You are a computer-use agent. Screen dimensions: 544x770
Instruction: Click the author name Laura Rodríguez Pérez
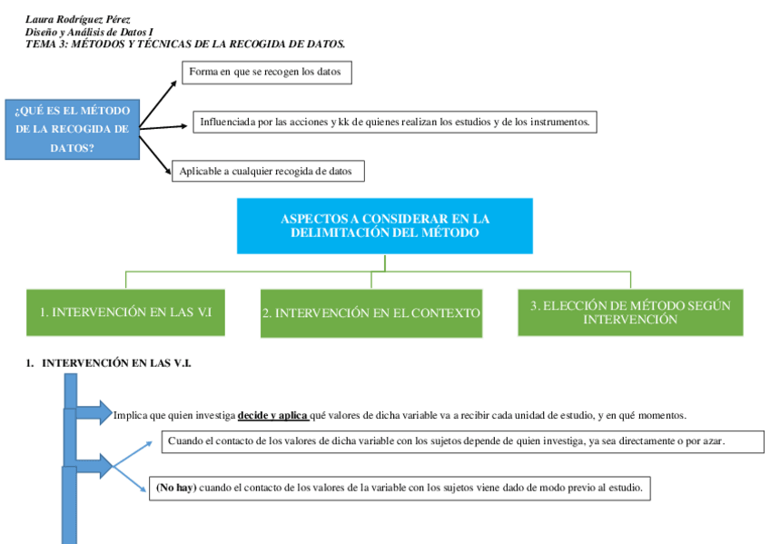(77, 19)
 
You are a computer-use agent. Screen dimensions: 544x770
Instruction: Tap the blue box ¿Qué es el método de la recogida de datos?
(73, 129)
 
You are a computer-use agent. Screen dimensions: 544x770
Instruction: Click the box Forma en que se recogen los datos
(266, 72)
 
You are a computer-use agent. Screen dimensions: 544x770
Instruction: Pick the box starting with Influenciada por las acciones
(394, 122)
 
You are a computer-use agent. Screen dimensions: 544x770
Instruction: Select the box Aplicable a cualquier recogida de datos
(267, 171)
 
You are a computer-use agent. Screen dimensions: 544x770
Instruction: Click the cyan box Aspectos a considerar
(384, 226)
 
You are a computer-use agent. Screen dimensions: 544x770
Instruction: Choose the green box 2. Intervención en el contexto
(370, 313)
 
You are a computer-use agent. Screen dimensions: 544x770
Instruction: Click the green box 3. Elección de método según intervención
(630, 312)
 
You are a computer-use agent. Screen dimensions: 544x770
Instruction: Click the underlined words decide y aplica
(272, 416)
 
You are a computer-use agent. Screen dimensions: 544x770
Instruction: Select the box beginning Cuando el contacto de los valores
(450, 441)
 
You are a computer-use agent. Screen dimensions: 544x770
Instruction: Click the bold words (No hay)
(176, 489)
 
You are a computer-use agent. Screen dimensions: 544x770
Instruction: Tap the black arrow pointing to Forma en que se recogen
(159, 102)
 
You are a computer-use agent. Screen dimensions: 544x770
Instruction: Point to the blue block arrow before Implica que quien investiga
(93, 414)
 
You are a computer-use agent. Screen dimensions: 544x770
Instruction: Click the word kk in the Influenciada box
(344, 122)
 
